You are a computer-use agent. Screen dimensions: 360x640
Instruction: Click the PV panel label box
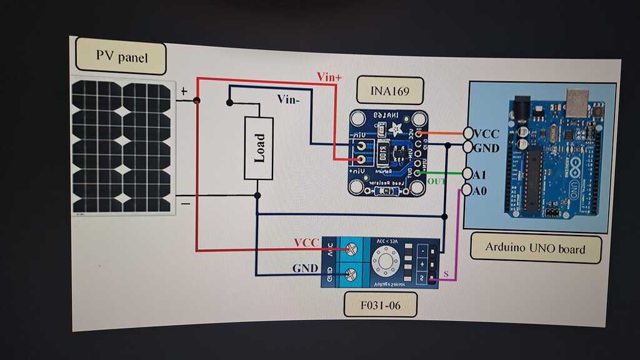tap(121, 57)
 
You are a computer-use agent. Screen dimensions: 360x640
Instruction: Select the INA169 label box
tap(390, 90)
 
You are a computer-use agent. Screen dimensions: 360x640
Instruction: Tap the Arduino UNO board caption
tap(536, 248)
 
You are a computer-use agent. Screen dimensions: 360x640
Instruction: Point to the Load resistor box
tap(259, 148)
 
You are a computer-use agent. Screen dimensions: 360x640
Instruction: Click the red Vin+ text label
tap(330, 77)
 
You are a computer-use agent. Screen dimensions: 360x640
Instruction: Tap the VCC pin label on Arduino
tap(486, 134)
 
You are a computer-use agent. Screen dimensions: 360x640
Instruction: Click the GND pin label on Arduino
tap(486, 148)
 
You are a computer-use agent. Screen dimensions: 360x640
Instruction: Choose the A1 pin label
tap(480, 174)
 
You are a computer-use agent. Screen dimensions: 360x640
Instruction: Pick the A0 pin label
tap(479, 190)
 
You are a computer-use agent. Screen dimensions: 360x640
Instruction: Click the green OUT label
tap(437, 182)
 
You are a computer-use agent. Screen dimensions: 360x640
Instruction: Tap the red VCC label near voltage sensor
tap(306, 242)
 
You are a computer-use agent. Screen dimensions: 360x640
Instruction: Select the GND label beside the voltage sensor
tap(306, 269)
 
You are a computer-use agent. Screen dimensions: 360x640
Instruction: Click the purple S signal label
tap(446, 274)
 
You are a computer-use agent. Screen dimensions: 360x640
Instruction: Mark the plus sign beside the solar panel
tap(184, 91)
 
